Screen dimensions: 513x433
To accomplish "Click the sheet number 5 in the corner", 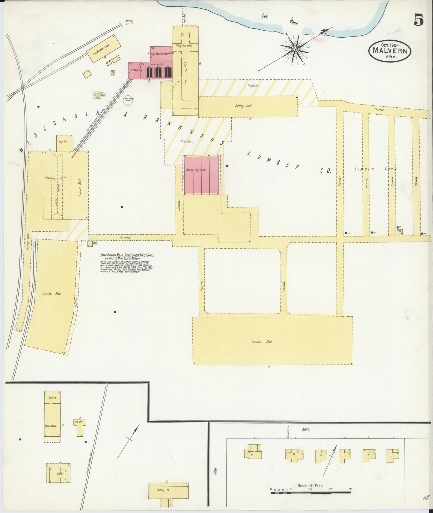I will pos(419,20).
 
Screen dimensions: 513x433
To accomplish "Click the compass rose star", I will pos(295,49).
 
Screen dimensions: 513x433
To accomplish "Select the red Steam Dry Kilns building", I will pos(202,175).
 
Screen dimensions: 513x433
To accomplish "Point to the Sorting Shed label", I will pos(243,106).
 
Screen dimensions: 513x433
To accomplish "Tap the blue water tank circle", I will pos(96,95).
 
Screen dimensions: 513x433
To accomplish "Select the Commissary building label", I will pos(51,425).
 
